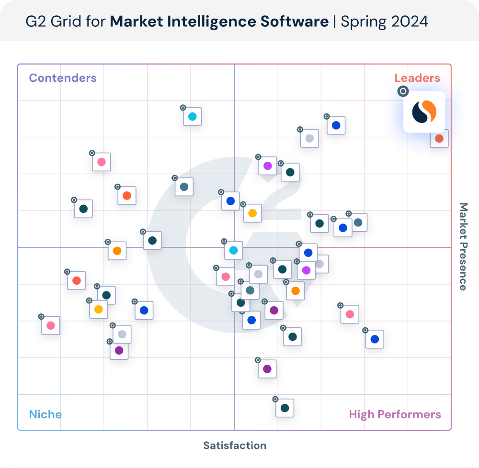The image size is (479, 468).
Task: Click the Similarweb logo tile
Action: tap(424, 111)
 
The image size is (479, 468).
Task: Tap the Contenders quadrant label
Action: tap(63, 78)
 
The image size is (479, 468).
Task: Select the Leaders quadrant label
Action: tap(417, 78)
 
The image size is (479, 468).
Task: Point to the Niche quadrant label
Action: tap(45, 414)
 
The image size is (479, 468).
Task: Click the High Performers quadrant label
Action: tap(395, 414)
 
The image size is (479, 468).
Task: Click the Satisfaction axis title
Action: tap(235, 446)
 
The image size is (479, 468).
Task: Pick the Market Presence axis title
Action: tap(463, 246)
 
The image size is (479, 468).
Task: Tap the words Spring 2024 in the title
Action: tap(384, 22)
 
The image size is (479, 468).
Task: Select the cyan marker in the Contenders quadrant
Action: tap(192, 117)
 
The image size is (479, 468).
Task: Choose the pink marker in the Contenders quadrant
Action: tap(102, 162)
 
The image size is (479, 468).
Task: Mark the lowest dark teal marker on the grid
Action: tap(285, 408)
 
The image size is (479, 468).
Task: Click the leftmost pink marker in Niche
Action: tap(51, 325)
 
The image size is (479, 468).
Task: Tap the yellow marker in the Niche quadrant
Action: tap(98, 309)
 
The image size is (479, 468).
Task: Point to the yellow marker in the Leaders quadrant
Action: tap(252, 213)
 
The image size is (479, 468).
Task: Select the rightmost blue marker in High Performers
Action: tap(375, 339)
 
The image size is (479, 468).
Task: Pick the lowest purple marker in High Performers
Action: tap(267, 369)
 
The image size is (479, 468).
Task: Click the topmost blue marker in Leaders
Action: tap(336, 125)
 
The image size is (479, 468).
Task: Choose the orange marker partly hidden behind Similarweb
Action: tap(439, 139)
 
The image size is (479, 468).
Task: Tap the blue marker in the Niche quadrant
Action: tap(144, 310)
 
